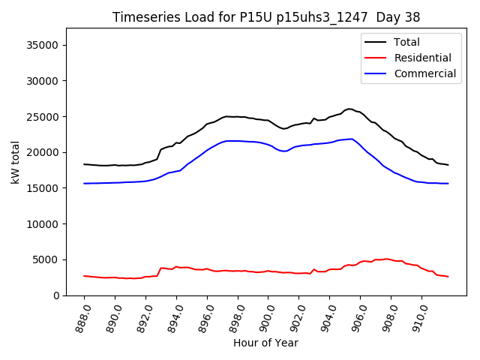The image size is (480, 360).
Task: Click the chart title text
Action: [266, 16]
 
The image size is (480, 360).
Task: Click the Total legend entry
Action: [407, 42]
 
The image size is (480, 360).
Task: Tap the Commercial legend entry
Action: [424, 73]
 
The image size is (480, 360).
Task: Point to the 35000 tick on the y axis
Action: [43, 45]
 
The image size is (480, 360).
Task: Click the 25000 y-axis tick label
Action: [43, 116]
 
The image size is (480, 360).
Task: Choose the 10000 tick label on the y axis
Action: [43, 223]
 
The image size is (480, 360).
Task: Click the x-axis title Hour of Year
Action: [265, 343]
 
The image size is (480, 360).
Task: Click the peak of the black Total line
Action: [349, 109]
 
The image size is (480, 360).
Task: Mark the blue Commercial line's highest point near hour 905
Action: [352, 139]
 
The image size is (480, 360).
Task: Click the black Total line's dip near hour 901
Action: [283, 129]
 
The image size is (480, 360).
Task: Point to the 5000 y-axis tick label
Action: [46, 259]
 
